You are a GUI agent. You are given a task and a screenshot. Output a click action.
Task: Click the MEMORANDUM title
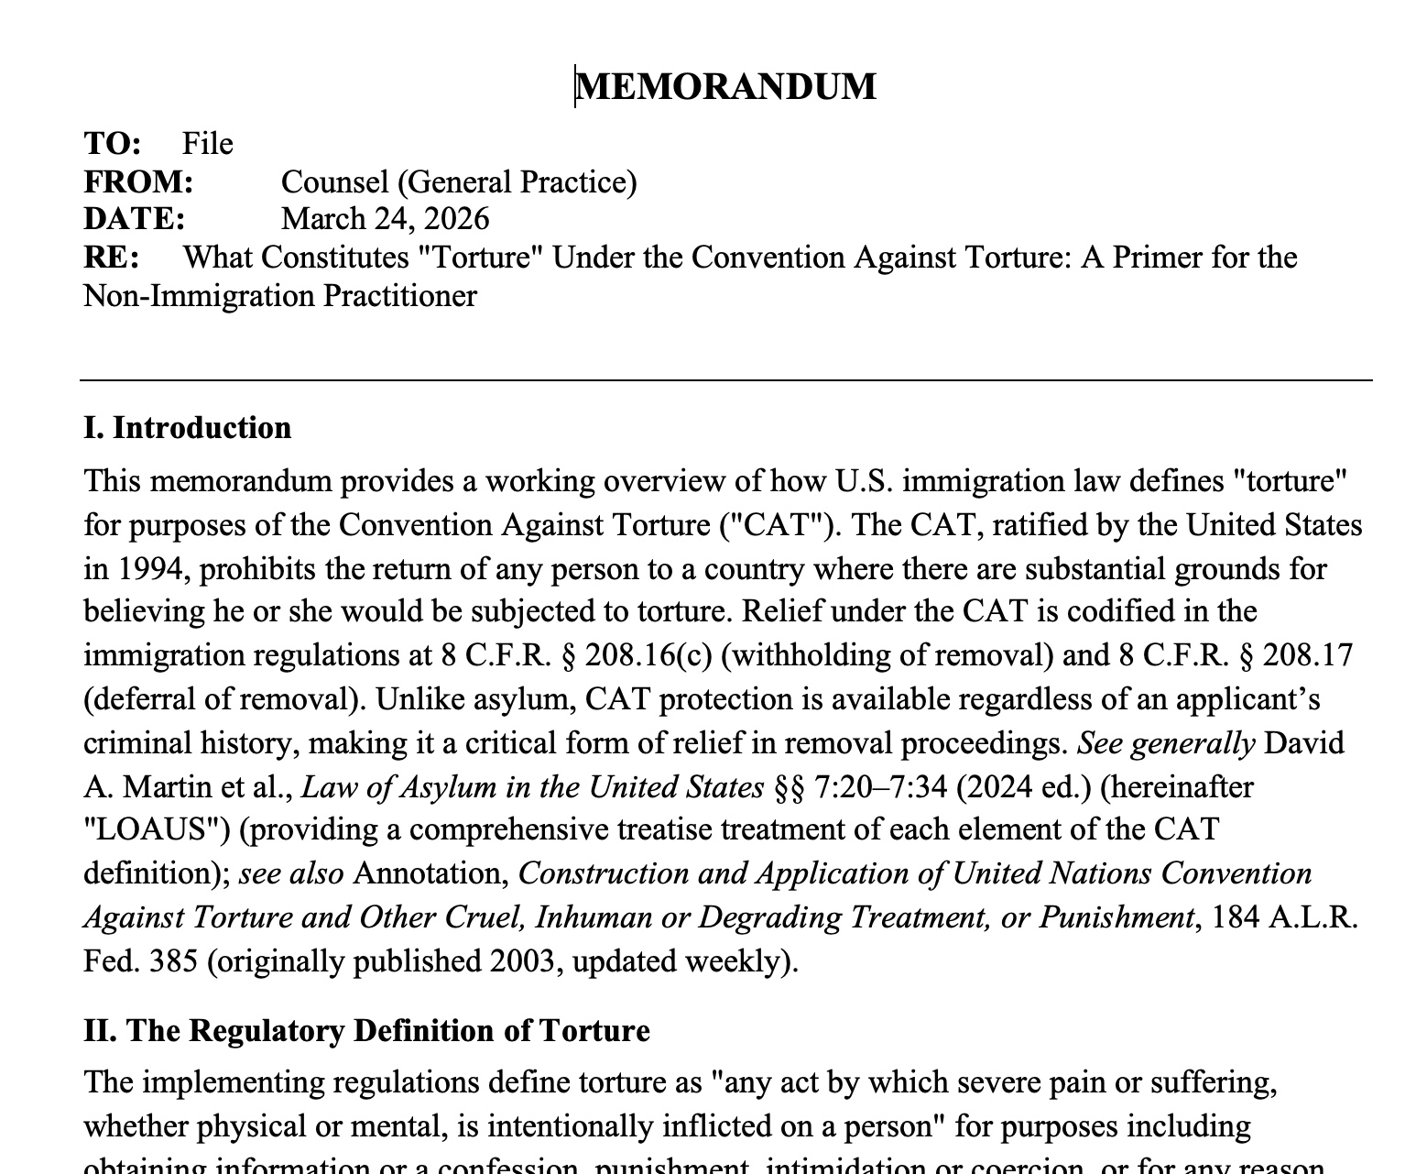coord(726,87)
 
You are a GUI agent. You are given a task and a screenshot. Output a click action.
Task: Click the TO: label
coord(113,144)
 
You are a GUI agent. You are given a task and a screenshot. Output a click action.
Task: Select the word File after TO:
coord(208,144)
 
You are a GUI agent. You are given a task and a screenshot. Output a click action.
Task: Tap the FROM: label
coord(138,182)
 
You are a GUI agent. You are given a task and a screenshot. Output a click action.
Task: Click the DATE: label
coord(134,219)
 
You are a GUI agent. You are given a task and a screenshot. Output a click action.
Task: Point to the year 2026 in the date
coord(456,219)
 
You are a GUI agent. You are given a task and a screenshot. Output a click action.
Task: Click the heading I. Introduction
coord(188,428)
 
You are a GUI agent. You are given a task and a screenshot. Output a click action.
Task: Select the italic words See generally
coord(1165,742)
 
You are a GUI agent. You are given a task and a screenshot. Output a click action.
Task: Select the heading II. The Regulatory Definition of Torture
coord(366,1031)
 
